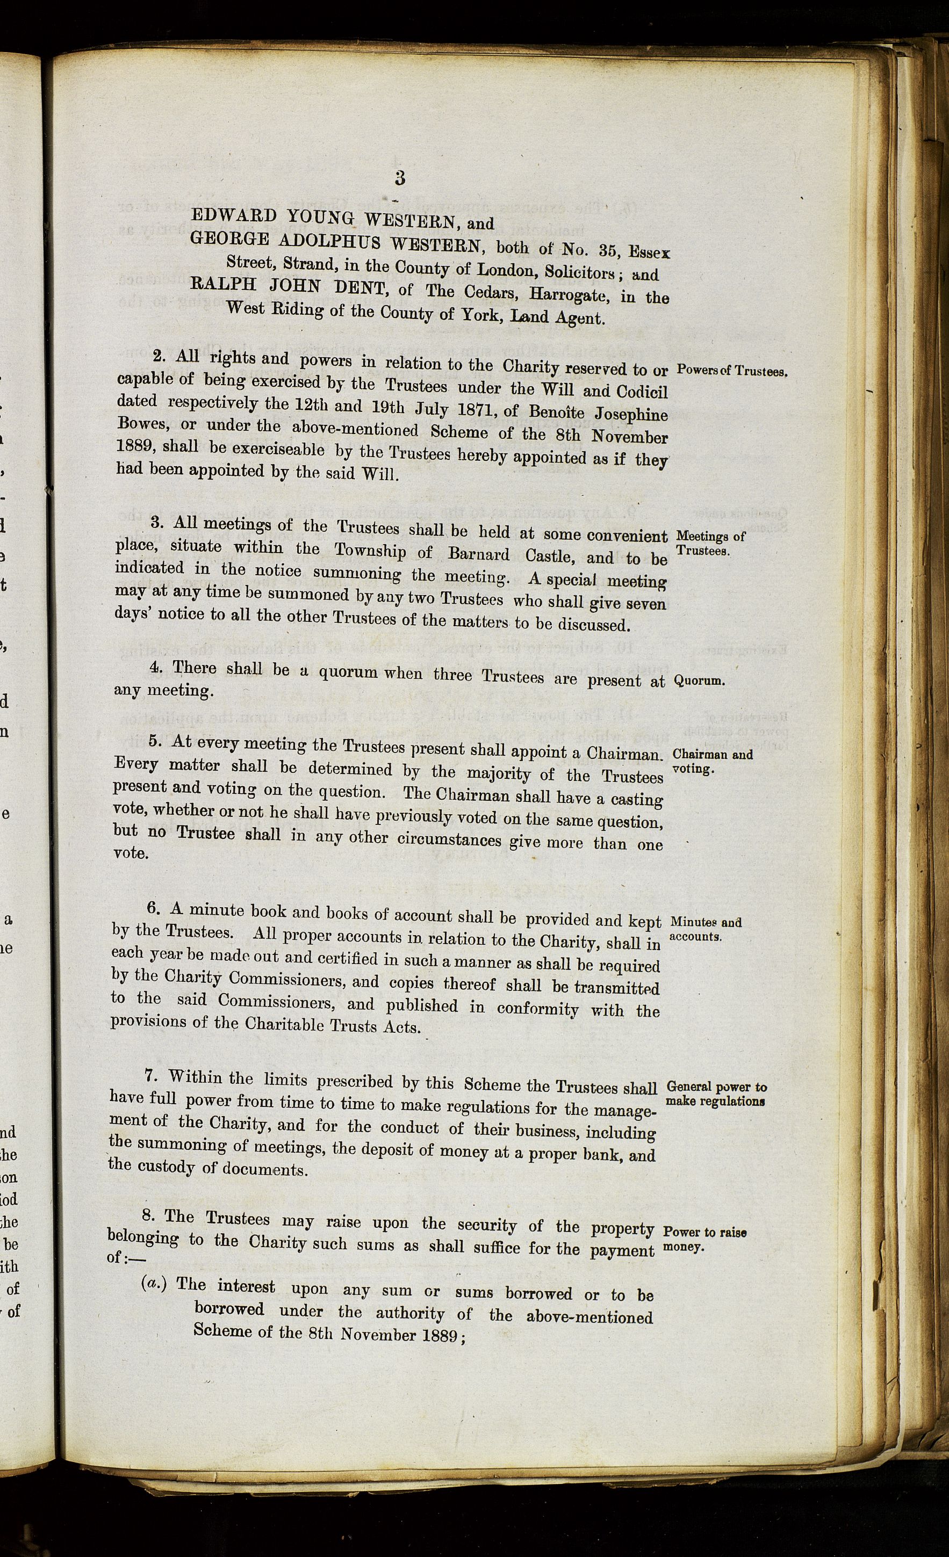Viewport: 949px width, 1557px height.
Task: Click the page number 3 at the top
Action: pyautogui.click(x=400, y=178)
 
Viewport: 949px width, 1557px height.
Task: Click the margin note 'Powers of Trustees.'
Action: pyautogui.click(x=732, y=371)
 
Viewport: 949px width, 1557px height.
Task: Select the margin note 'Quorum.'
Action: pyautogui.click(x=699, y=682)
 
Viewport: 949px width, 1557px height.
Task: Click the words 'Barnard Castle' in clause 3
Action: pyautogui.click(x=516, y=555)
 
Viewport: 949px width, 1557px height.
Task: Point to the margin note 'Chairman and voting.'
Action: pyautogui.click(x=712, y=762)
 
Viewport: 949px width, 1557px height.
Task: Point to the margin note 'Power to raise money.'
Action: pyautogui.click(x=704, y=1239)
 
